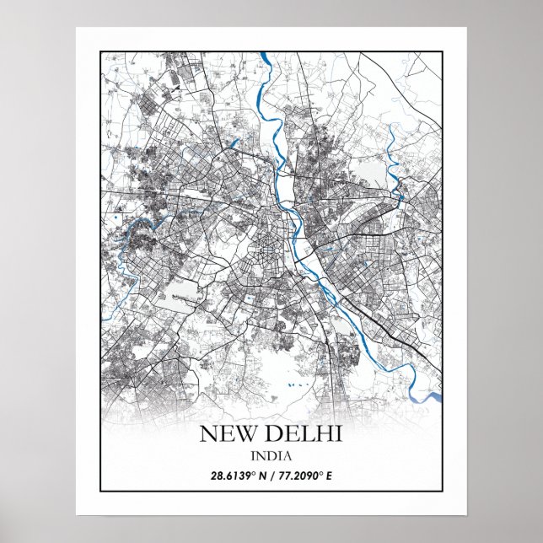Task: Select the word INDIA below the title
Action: point(271,456)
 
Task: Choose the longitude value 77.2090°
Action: point(299,476)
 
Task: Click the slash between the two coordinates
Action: point(274,476)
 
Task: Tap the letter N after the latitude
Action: point(264,476)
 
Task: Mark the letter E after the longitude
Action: point(329,476)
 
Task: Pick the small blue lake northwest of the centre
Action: point(234,142)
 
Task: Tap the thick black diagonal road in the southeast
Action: point(384,321)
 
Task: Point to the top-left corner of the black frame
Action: point(100,51)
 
